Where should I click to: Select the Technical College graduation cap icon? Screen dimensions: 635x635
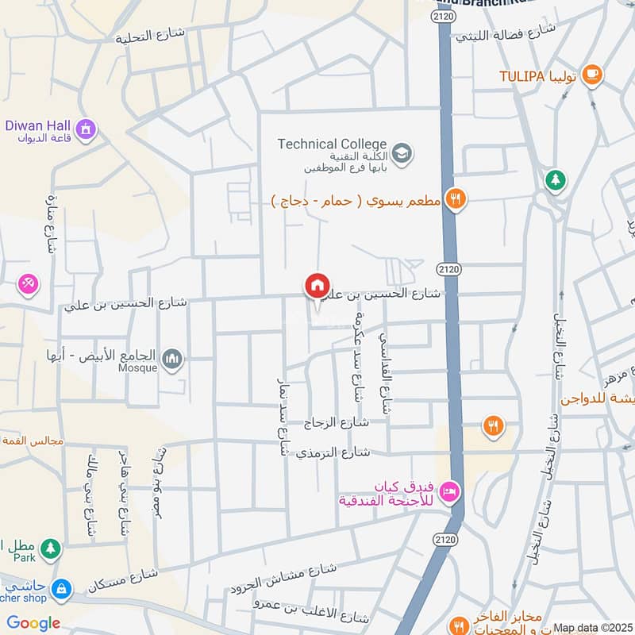click(402, 152)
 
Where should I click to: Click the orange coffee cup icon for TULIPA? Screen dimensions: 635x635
click(591, 75)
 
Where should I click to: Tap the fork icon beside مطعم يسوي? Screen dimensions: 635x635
click(455, 199)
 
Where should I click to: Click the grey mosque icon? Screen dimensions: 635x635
click(172, 361)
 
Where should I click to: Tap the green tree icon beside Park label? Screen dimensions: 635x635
click(50, 548)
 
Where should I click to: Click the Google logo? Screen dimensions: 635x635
click(33, 622)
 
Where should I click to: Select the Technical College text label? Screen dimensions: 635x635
click(332, 144)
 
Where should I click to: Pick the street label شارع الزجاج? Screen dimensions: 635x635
click(338, 423)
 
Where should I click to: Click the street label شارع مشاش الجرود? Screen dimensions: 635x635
click(284, 578)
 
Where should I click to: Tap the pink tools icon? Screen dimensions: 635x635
click(29, 283)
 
